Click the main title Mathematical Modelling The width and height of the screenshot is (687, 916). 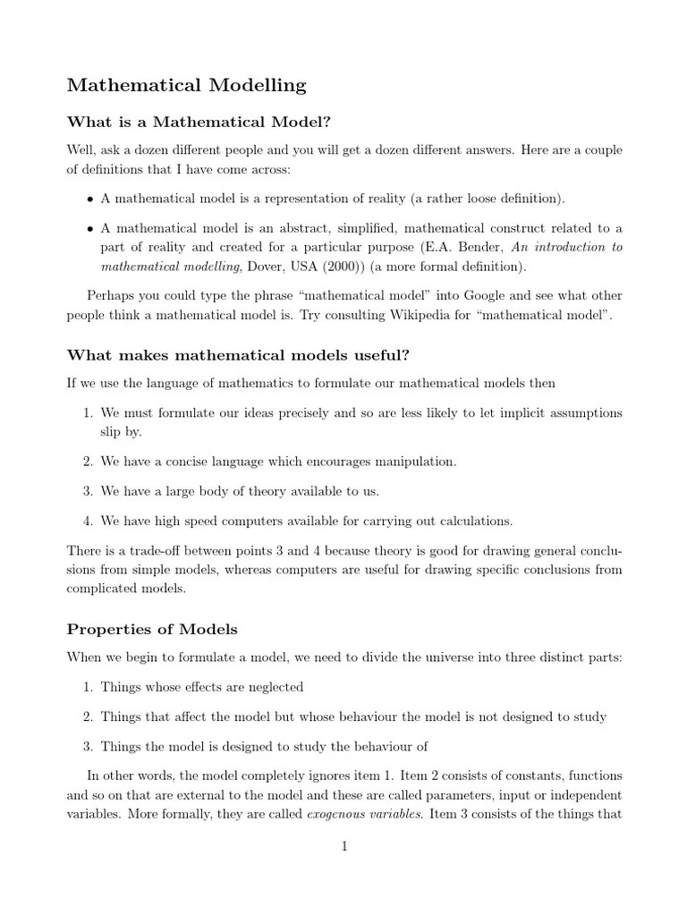point(187,86)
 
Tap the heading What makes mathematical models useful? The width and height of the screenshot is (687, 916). point(238,355)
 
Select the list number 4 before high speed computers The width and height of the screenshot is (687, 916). point(88,520)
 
